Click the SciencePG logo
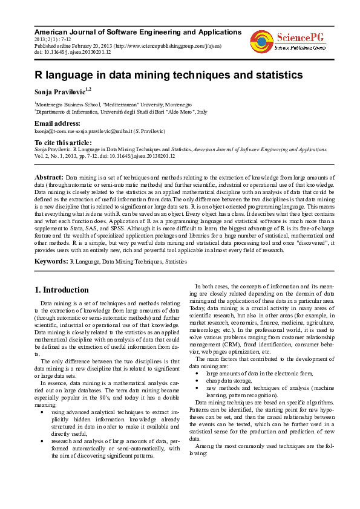tap(288, 39)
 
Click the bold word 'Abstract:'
tap(47, 176)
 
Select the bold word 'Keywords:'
tap(51, 261)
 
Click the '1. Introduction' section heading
tap(62, 290)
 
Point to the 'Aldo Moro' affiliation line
tap(121, 112)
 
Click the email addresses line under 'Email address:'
tap(100, 131)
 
